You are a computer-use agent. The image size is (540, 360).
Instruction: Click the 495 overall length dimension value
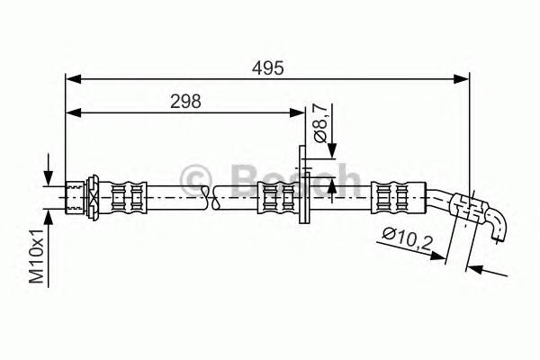[x=267, y=67]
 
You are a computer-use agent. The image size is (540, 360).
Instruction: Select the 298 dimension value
[x=185, y=101]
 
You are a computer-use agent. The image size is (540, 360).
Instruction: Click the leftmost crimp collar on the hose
[x=126, y=195]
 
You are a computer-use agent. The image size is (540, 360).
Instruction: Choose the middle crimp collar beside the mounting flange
[x=274, y=195]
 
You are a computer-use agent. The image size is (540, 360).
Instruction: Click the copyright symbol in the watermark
[x=195, y=178]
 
